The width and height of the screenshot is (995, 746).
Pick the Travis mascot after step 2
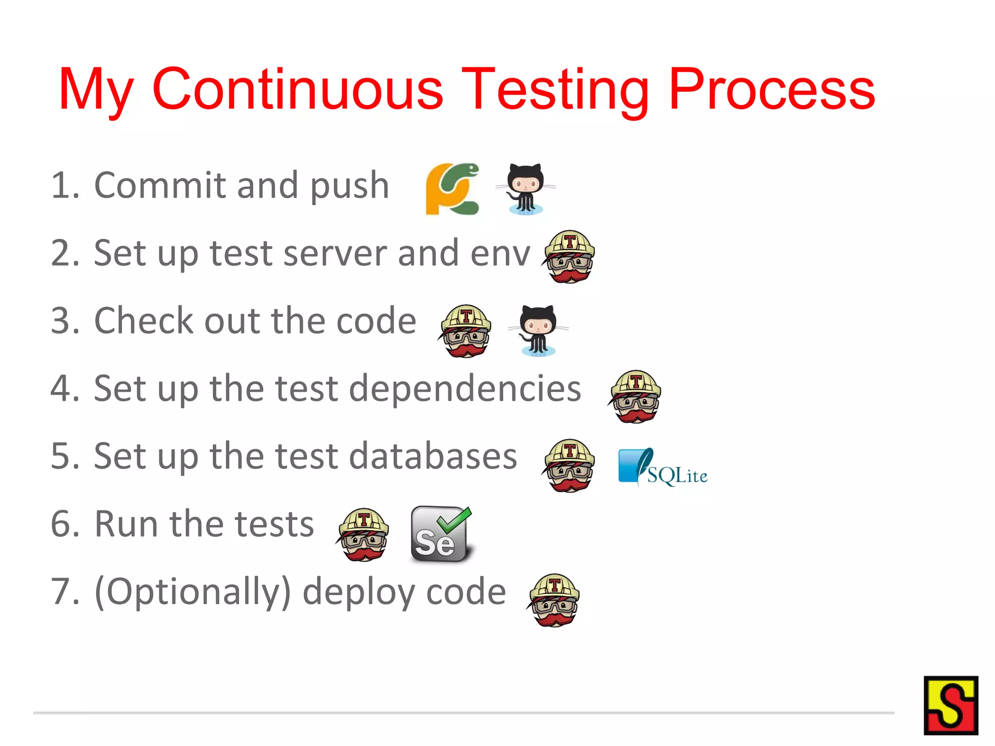point(569,256)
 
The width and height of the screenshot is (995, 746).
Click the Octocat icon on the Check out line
point(538,330)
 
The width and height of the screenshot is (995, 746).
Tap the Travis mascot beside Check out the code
point(465,331)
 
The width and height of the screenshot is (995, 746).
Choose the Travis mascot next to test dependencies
point(635,396)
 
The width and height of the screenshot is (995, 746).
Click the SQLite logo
point(662,468)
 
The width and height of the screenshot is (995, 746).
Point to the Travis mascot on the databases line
point(568,465)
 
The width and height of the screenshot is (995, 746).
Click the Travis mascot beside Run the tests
point(363,534)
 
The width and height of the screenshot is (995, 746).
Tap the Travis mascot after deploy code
point(553,600)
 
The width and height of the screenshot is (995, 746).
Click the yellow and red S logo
point(950,705)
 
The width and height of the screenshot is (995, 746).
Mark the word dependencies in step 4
point(465,389)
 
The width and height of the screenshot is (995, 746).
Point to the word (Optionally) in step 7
point(192,592)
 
